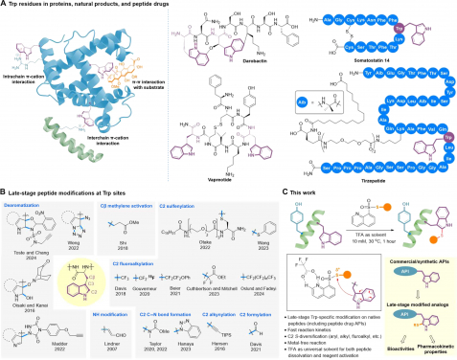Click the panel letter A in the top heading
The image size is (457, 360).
(x=4, y=6)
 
